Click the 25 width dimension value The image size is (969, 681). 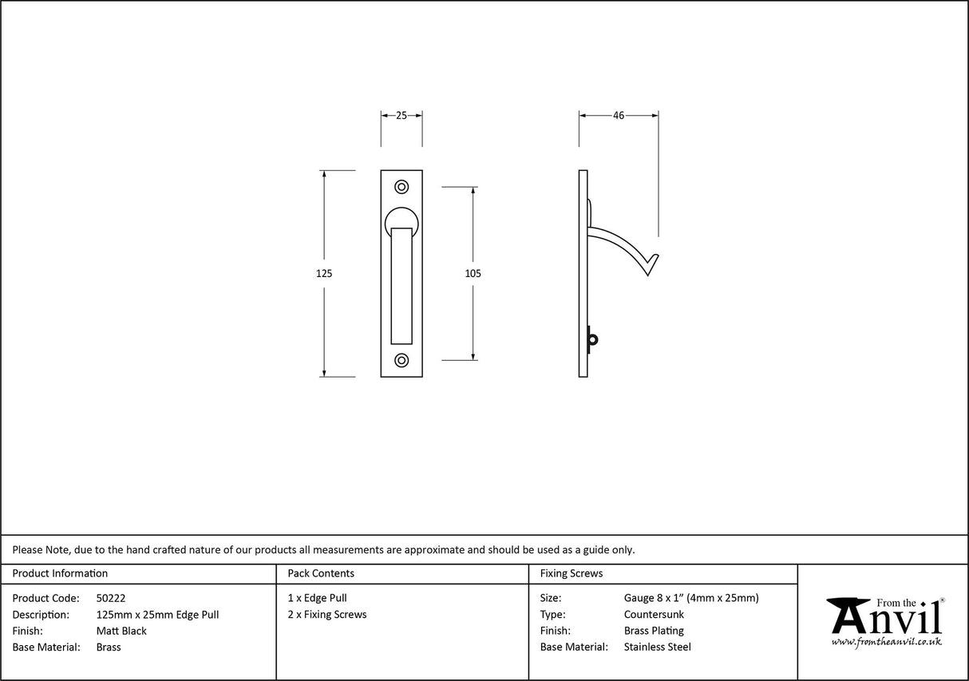point(401,116)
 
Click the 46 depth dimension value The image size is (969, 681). point(619,116)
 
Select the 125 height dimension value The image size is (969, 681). point(323,273)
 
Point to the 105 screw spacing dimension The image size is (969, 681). point(473,273)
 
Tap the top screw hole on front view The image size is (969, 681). point(401,187)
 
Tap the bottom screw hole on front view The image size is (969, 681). point(401,360)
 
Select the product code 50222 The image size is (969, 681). point(111,598)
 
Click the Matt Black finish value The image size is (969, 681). point(121,631)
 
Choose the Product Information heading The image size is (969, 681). point(60,573)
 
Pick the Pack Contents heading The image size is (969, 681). point(321,573)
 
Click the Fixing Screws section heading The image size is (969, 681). point(572,573)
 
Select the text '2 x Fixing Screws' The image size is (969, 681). point(327,615)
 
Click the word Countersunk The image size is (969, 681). point(654,615)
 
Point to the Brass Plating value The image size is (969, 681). point(654,631)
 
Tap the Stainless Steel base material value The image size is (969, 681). point(657,647)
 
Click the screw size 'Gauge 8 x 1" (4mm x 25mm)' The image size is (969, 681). point(691,598)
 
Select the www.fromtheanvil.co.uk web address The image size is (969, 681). point(886,642)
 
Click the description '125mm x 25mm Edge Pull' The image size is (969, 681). point(157,615)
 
